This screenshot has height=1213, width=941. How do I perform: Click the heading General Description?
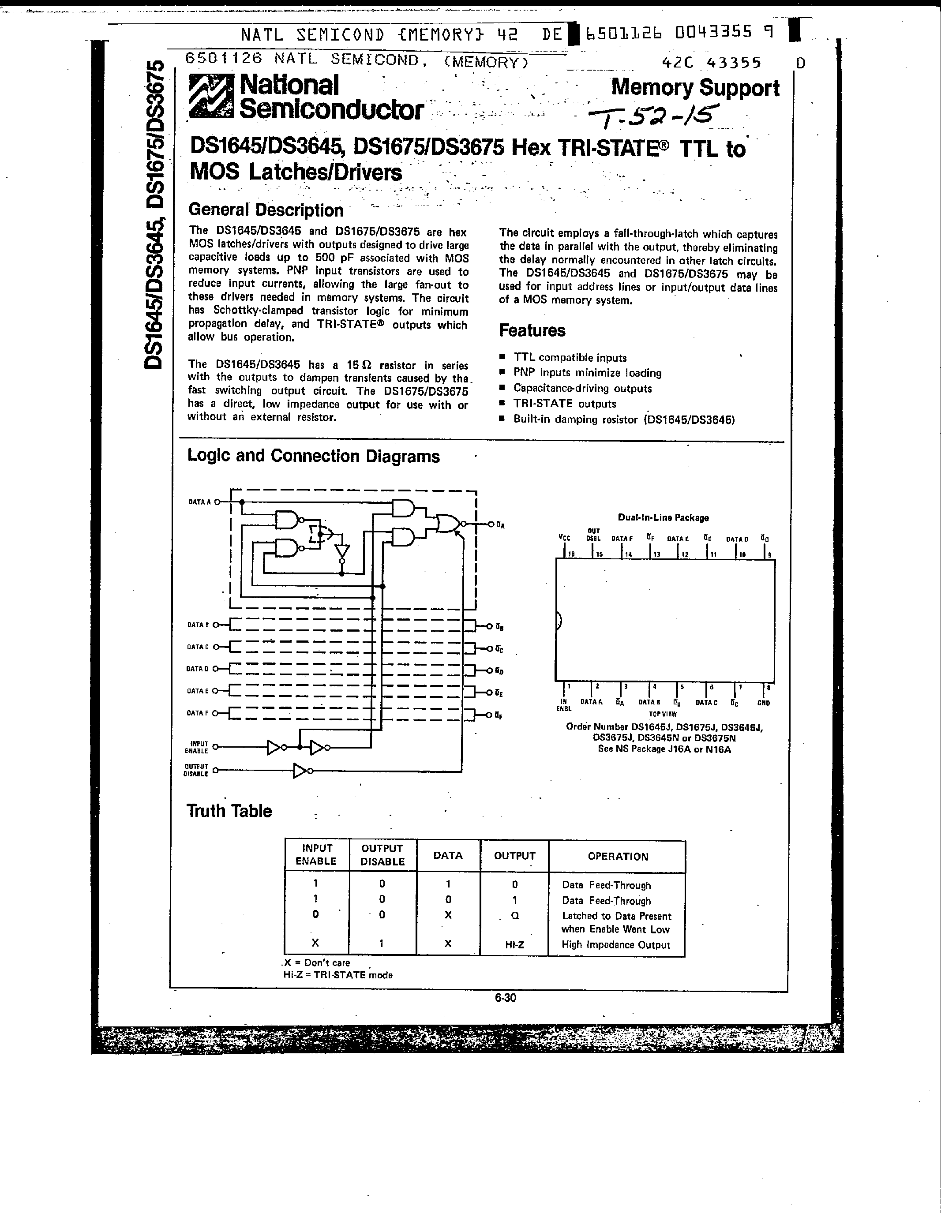pos(266,210)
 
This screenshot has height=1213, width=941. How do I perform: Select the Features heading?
pos(532,330)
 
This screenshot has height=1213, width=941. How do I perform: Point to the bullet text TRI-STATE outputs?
pos(564,404)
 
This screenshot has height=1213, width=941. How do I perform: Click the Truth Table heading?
pos(229,811)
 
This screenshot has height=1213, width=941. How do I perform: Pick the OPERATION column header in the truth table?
pos(618,857)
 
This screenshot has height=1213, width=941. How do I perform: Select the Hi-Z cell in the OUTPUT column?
pos(514,943)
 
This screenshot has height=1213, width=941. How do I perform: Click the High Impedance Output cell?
pos(615,944)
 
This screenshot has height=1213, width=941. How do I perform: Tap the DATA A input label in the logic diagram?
pos(199,502)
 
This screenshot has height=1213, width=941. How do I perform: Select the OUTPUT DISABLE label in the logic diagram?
pos(196,770)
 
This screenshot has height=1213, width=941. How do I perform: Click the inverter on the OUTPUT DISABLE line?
pos(300,770)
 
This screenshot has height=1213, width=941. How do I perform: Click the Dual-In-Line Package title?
pos(663,518)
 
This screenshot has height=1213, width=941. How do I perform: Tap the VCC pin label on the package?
pos(564,538)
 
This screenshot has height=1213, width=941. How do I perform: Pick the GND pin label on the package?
pos(763,703)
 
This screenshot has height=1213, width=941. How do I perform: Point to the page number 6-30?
pos(506,997)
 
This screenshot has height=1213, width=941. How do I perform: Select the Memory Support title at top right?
pos(695,88)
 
